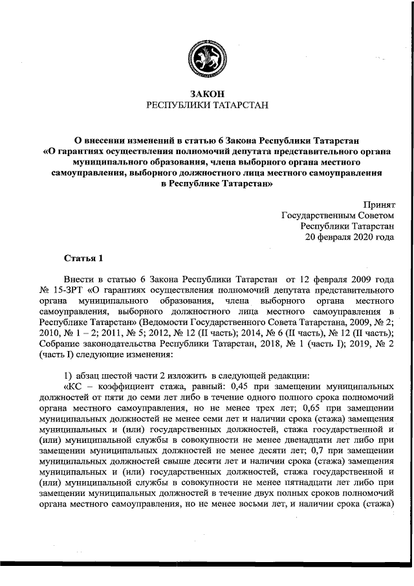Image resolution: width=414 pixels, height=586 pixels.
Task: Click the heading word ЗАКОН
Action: pos(207,95)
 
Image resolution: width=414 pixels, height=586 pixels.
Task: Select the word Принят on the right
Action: pos(377,204)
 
